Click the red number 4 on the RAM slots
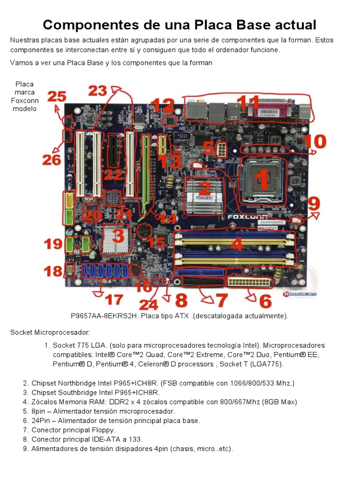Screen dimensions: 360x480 tap(237, 244)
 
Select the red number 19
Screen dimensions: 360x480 tap(53, 244)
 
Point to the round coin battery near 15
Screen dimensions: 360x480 tap(143, 231)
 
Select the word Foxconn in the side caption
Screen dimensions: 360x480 tap(25, 100)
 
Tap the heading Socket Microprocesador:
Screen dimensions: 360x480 tap(50, 332)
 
